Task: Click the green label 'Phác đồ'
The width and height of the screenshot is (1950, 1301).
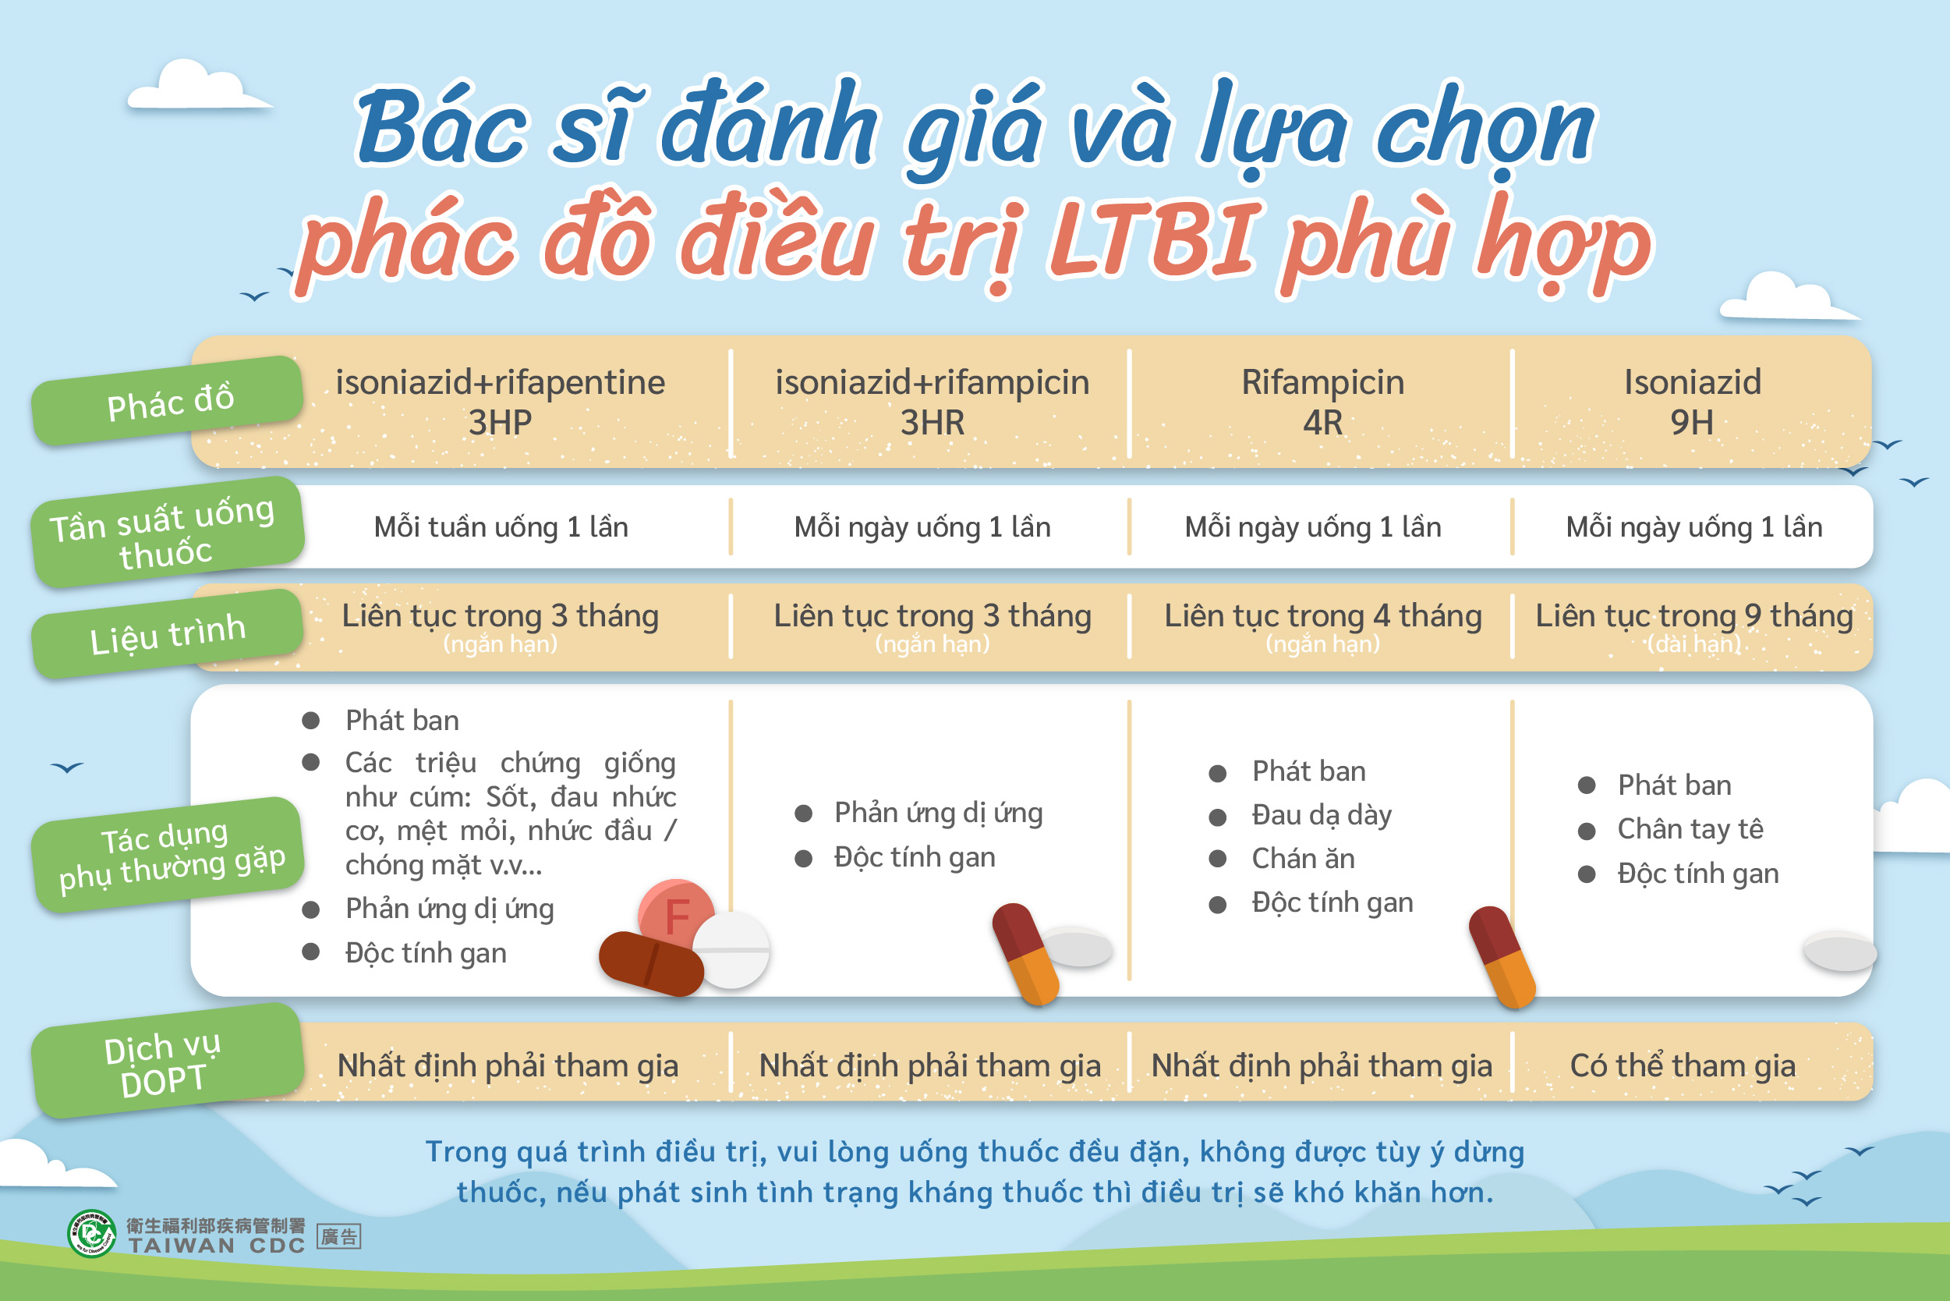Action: [x=168, y=401]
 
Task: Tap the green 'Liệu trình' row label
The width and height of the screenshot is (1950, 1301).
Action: [x=168, y=633]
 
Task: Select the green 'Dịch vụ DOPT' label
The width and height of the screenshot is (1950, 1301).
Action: [x=168, y=1062]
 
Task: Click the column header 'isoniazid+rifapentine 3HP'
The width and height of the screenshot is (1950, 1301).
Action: [x=500, y=402]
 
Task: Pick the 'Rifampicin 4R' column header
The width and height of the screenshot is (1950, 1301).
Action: [x=1323, y=402]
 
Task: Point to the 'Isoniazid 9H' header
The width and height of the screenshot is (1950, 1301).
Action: [x=1692, y=402]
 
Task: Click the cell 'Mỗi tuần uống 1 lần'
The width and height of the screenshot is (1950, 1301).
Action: [x=501, y=526]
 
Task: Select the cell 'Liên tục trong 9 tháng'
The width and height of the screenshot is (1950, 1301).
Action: [x=1693, y=616]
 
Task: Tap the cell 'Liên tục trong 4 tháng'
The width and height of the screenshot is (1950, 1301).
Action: [x=1323, y=616]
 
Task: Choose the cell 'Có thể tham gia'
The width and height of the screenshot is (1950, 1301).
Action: [x=1683, y=1065]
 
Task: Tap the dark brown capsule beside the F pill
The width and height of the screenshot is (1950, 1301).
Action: [x=651, y=963]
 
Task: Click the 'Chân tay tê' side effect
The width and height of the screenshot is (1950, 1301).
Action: [x=1690, y=829]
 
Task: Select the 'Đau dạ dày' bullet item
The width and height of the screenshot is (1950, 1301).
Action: [x=1322, y=816]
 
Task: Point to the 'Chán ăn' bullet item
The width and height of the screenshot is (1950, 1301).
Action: [x=1303, y=858]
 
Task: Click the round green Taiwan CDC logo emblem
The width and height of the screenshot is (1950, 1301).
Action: [x=91, y=1234]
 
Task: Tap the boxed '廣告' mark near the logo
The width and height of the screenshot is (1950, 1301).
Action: [x=339, y=1237]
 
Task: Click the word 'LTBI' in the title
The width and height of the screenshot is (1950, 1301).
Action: [x=1155, y=240]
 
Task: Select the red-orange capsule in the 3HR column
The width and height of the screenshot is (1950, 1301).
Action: [x=1026, y=953]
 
